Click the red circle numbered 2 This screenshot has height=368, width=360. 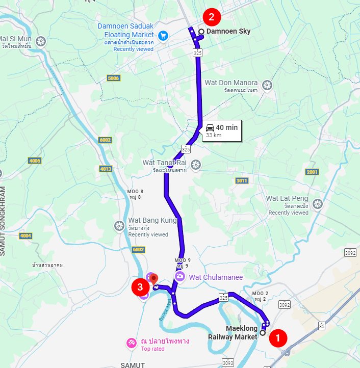point(211,17)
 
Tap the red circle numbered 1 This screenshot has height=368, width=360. point(278,337)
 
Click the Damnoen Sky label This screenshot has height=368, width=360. point(228,32)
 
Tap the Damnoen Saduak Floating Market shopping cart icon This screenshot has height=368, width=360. point(163,35)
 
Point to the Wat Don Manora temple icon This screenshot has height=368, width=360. point(267,84)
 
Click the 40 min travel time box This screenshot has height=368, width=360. point(221,130)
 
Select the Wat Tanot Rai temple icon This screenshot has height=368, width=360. point(195,164)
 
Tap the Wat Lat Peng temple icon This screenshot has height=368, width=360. point(318,204)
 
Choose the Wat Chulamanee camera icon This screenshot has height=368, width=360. point(179,276)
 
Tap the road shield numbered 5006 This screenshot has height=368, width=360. point(113,78)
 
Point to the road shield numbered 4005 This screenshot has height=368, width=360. point(35,161)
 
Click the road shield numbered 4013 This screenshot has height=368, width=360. point(106,169)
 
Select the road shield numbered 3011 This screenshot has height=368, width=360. point(242,180)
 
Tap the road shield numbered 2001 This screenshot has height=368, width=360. point(312,172)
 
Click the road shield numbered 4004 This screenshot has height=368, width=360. point(25,235)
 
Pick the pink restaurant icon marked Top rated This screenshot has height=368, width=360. point(132,342)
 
